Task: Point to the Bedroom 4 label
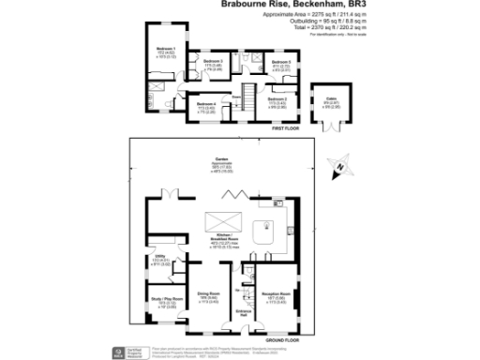205,103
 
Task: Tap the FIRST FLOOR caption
286,127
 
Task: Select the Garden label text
222,160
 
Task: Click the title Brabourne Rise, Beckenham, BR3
275,5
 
